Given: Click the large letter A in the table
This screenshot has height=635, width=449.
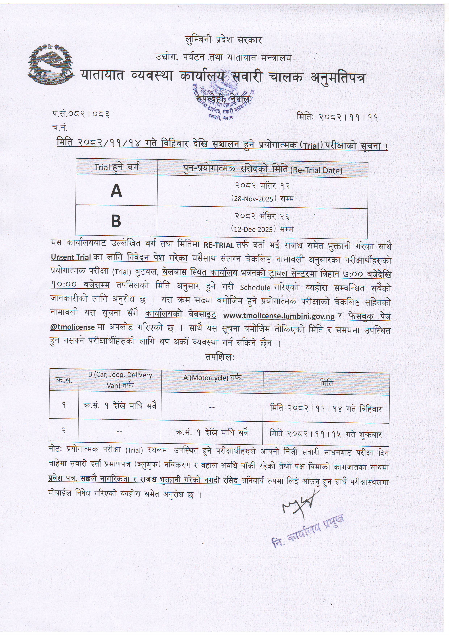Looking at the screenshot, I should [x=116, y=191].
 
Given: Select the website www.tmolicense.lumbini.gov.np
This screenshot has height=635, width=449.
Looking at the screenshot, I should [x=279, y=316].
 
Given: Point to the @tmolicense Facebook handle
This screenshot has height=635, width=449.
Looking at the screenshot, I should [x=72, y=327].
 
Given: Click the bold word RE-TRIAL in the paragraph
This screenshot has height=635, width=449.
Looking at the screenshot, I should [x=219, y=245].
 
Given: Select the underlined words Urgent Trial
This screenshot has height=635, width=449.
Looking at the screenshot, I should [x=71, y=257].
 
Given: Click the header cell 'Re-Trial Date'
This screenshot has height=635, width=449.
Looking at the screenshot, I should [x=263, y=170].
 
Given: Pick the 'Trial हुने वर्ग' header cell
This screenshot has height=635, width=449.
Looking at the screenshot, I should [x=117, y=167].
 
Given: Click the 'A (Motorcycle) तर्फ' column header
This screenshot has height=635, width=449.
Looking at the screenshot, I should [x=212, y=378].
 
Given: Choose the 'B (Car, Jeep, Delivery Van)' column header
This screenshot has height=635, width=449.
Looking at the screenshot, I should [x=120, y=380].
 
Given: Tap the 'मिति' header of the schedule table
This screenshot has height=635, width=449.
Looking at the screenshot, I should [x=326, y=383].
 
